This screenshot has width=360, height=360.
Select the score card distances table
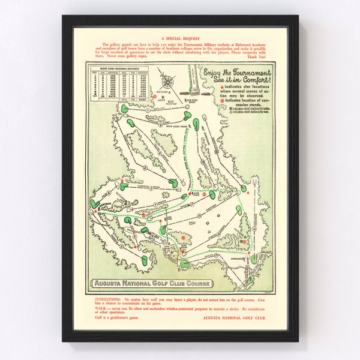120,84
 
